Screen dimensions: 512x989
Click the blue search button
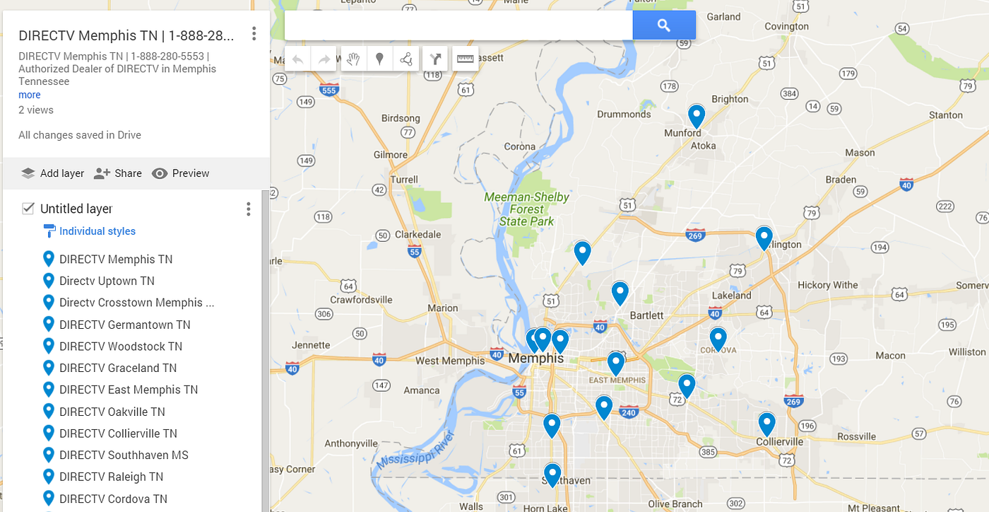[663, 25]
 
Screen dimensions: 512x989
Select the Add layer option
[52, 173]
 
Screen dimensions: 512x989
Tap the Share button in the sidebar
[118, 173]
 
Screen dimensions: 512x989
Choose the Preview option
[181, 173]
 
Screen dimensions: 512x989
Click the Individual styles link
[97, 231]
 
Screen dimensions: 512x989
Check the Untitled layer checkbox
[28, 209]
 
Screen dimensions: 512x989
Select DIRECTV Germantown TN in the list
[124, 325]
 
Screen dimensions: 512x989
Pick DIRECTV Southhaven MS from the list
[124, 455]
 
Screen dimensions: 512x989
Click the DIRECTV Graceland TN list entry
[118, 368]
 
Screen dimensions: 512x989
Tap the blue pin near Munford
[697, 115]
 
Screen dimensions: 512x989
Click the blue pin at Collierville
[766, 424]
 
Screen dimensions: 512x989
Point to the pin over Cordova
[718, 339]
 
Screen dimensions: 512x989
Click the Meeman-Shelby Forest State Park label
[527, 209]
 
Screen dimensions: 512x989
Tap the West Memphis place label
[450, 361]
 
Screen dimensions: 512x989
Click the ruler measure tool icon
[465, 59]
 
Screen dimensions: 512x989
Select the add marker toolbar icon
[379, 59]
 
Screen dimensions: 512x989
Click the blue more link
[30, 95]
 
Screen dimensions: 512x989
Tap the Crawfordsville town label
[361, 300]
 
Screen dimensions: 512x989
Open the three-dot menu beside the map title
[254, 34]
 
